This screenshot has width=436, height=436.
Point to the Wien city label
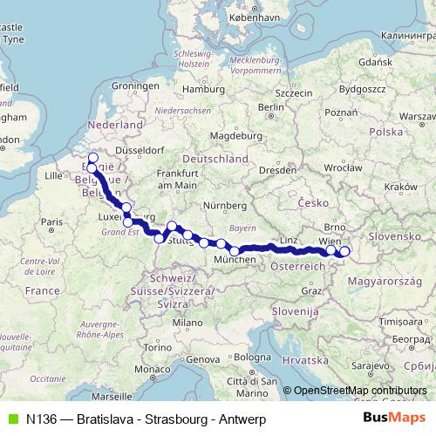tap(330, 240)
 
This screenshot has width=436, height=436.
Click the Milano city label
tap(184, 323)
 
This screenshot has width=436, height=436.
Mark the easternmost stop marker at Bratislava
tap(344, 252)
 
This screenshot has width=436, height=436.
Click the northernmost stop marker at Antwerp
tap(93, 158)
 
